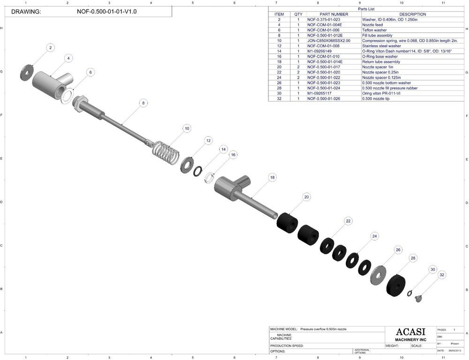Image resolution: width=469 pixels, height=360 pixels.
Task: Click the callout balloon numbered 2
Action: [51, 47]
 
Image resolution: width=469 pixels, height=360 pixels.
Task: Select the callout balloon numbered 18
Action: [272, 178]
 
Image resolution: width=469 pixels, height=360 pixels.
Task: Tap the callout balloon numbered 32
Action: [442, 276]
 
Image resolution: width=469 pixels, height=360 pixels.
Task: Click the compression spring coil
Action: [166, 153]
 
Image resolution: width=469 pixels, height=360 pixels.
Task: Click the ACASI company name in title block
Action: [405, 331]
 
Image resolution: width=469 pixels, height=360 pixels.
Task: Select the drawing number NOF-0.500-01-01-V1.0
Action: [106, 11]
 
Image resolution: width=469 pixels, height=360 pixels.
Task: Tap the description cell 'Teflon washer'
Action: [374, 30]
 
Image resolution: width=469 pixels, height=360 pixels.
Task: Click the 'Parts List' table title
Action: [366, 9]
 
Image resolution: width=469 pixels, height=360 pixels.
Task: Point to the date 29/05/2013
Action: [454, 350]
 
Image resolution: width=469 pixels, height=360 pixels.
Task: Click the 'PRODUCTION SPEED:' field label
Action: [287, 345]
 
